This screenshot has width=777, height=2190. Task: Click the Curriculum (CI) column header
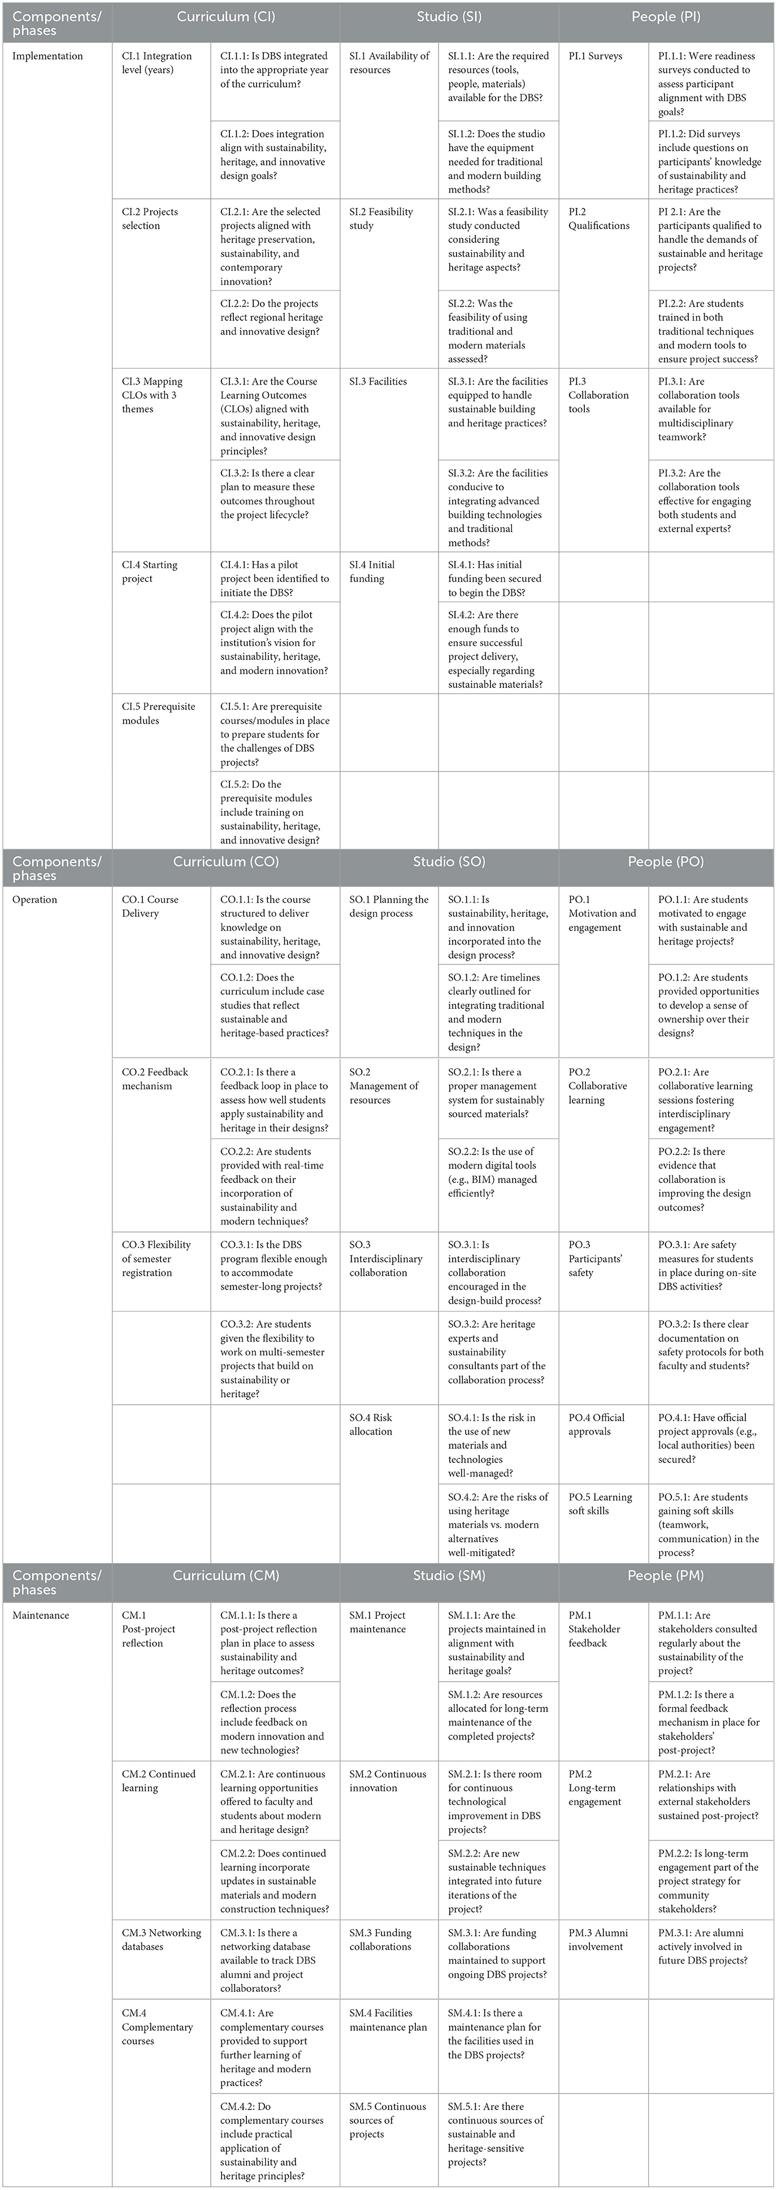(x=225, y=16)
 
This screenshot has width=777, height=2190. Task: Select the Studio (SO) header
(x=449, y=861)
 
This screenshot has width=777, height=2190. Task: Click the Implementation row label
(x=47, y=56)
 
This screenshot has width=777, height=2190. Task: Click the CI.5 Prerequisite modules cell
(x=158, y=713)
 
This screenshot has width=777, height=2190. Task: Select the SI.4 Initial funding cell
(x=371, y=571)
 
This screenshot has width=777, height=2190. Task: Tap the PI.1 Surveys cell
(x=595, y=56)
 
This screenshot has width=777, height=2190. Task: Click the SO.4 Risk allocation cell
(x=371, y=1424)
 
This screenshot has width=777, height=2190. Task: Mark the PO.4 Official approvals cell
(x=596, y=1424)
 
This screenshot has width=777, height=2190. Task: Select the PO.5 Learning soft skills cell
(x=600, y=1504)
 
